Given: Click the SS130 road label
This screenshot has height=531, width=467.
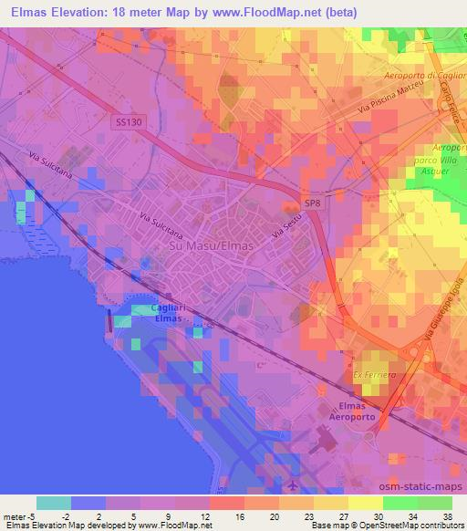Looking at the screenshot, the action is [130, 121].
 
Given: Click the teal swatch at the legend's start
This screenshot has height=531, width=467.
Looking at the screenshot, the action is [54, 503].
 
